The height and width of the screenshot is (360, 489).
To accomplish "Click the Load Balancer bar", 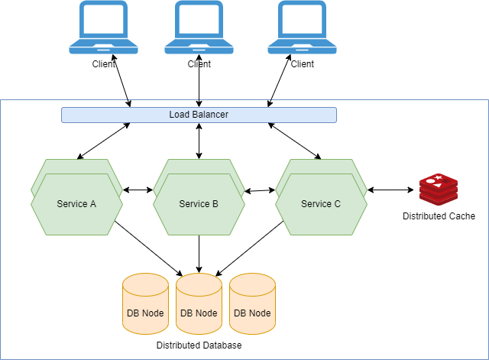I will [199, 115].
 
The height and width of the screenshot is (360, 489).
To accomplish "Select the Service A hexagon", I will [76, 203].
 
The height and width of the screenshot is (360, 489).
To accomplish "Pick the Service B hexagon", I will [199, 203].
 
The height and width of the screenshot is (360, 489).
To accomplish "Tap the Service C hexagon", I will [321, 203].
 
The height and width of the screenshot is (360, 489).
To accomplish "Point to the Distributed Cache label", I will [439, 216].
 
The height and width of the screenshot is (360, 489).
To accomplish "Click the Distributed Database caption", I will [199, 345].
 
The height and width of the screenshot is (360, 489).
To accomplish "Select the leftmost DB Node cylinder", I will [145, 304].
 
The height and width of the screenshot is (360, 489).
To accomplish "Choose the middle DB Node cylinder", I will [199, 304].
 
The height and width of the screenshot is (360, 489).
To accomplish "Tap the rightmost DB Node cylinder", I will [252, 304].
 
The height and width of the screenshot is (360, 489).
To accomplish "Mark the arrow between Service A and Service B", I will [138, 190].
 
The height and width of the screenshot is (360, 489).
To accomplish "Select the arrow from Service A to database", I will [149, 248].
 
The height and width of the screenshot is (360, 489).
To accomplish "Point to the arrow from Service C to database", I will [249, 248].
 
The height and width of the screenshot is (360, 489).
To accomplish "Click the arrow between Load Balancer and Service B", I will [199, 141].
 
